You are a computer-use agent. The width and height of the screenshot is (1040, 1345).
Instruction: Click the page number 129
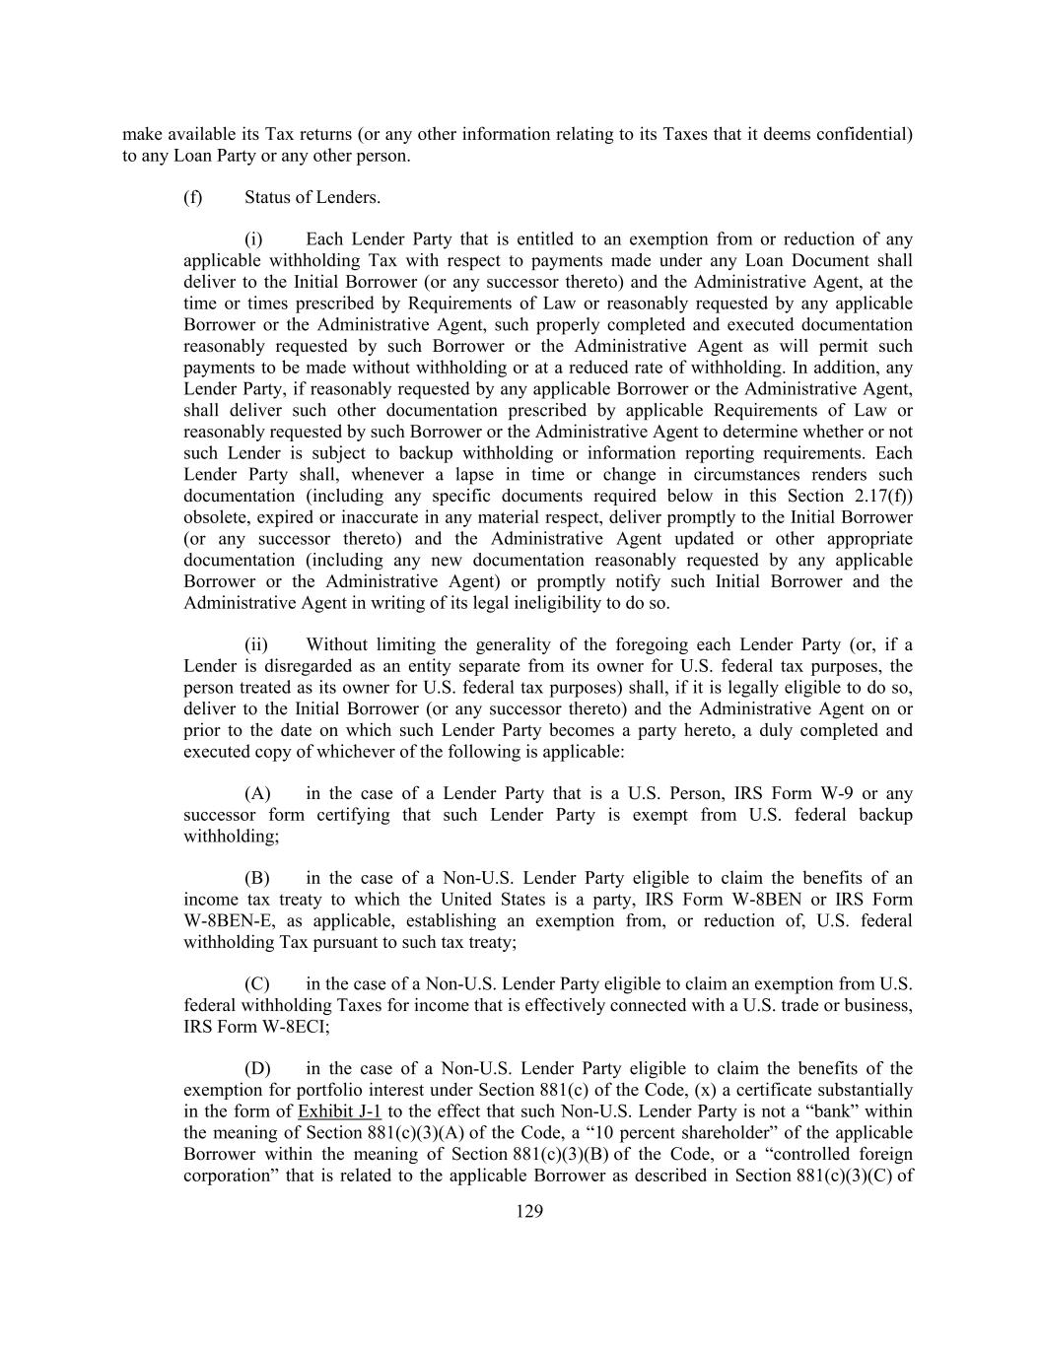point(529,1212)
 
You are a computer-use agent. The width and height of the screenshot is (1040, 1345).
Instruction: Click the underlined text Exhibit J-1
point(339,1111)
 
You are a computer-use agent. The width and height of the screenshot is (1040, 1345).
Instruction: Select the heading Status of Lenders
point(312,197)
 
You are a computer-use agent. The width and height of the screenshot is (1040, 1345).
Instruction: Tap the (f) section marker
point(193,197)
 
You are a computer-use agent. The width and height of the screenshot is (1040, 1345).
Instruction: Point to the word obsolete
point(216,518)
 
